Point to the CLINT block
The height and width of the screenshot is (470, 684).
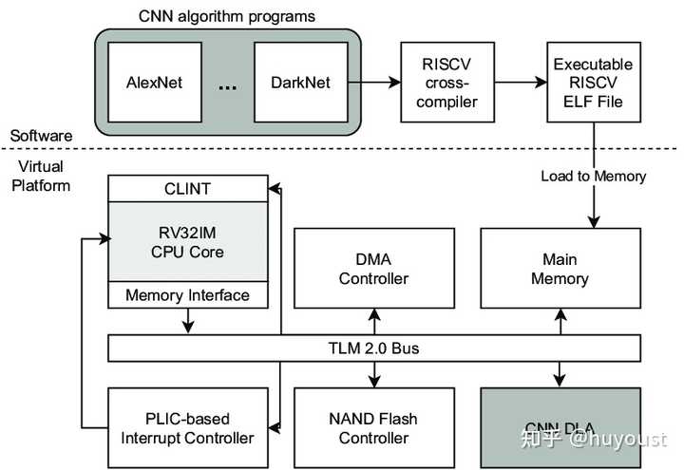click(x=188, y=189)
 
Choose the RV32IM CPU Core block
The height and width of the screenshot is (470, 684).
click(x=188, y=241)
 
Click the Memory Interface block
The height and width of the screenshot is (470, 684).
click(x=188, y=295)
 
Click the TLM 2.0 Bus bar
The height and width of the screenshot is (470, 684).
click(x=380, y=348)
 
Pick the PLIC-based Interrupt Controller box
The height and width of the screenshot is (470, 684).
click(x=188, y=427)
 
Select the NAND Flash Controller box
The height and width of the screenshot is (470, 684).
click(x=372, y=427)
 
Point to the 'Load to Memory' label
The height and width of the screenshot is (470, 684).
click(x=593, y=176)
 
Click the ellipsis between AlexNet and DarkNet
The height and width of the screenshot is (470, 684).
click(x=228, y=85)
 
